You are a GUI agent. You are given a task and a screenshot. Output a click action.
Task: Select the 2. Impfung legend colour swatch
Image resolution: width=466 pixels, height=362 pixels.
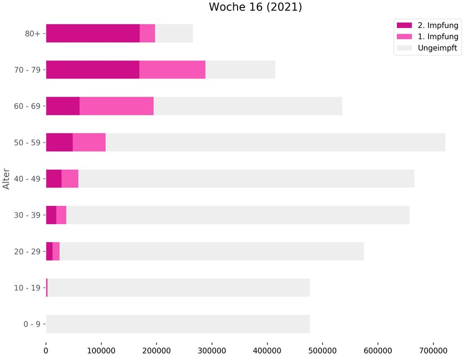click(404, 25)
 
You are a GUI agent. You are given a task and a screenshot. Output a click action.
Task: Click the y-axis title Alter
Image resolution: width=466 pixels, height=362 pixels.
click(6, 179)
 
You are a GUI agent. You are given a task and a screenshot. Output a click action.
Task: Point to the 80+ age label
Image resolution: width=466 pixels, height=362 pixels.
click(33, 33)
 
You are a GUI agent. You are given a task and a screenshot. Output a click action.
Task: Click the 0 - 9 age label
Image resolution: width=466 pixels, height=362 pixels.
click(30, 324)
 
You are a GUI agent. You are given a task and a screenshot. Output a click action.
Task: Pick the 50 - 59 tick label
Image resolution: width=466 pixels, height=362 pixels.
click(28, 143)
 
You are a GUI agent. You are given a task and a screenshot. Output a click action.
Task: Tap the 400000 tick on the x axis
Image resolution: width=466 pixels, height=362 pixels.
click(267, 350)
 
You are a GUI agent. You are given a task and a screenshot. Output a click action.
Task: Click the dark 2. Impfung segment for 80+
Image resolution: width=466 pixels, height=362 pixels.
click(92, 33)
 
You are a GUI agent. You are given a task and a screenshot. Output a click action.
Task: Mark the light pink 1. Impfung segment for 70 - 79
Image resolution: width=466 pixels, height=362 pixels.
click(172, 69)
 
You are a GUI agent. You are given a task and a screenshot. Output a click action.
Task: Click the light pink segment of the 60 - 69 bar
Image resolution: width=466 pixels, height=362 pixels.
click(116, 106)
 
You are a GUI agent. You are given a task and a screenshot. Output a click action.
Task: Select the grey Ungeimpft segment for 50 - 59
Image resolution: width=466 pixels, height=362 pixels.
click(275, 143)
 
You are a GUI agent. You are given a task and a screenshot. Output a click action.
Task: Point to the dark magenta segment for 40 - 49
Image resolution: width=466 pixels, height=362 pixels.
click(53, 179)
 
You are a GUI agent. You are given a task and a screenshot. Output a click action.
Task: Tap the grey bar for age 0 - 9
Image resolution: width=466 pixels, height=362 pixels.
click(178, 324)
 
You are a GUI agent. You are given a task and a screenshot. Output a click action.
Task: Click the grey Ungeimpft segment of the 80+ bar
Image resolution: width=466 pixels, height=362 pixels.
click(174, 33)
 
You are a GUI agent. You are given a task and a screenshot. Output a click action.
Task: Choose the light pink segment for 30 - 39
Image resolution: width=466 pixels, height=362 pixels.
click(61, 215)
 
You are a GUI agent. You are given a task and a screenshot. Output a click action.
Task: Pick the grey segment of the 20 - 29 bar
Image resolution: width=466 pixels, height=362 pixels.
click(211, 251)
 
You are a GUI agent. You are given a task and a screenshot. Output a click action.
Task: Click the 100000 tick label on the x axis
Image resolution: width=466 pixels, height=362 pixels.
click(101, 350)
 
